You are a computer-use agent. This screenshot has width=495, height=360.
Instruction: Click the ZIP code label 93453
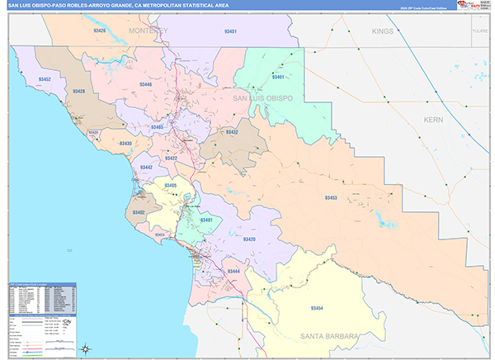[x=332, y=197]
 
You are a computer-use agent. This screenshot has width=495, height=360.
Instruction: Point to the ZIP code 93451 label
[x=231, y=31]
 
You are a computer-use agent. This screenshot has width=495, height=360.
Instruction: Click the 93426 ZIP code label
[x=100, y=31]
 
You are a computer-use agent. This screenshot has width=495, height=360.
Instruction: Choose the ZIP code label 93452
[x=45, y=79]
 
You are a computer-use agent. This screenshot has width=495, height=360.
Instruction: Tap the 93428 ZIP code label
[x=78, y=92]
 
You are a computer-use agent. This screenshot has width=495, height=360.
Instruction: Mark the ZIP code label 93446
[x=145, y=85]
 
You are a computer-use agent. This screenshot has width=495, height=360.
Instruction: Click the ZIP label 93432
[x=232, y=132]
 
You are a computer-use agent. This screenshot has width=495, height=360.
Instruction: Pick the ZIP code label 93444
[x=234, y=271]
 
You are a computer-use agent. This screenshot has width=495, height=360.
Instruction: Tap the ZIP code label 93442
[x=146, y=167]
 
